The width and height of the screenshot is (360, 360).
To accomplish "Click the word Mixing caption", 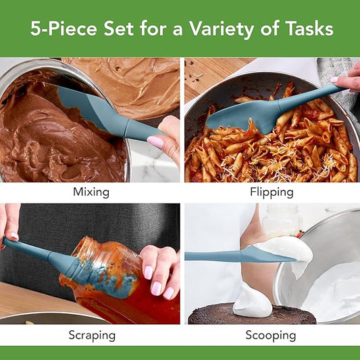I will click(x=91, y=192).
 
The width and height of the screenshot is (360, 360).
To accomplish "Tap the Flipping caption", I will click(x=272, y=192).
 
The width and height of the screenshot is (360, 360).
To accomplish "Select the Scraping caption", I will click(x=91, y=335).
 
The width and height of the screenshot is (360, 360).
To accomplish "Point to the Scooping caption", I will click(x=272, y=335).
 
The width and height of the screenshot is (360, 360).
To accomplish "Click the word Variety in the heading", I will click(x=234, y=28).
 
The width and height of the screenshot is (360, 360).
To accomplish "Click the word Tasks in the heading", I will click(x=307, y=28).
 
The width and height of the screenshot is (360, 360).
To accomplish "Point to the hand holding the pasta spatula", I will click(x=348, y=80).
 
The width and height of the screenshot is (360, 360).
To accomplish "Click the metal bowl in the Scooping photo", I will click(x=324, y=263).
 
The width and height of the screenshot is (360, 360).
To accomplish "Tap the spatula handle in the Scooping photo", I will click(x=209, y=256).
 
